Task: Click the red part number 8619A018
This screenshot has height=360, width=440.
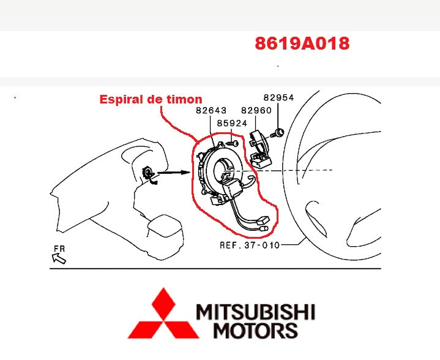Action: [x=302, y=43]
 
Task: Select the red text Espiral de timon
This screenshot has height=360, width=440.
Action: [x=151, y=99]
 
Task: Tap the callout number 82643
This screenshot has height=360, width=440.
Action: [x=211, y=110]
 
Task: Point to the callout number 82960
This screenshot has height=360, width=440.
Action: [x=256, y=110]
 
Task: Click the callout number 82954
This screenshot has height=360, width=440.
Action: [x=278, y=97]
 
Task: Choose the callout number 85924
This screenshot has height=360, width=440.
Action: [x=232, y=123]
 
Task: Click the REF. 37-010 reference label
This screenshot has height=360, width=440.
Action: [x=250, y=245]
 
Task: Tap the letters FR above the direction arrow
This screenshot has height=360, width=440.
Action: [x=59, y=249]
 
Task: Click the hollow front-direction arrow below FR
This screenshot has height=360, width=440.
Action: [x=59, y=258]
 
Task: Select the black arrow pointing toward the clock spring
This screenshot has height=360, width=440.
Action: [x=174, y=173]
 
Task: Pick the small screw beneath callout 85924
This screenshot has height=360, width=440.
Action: [x=232, y=143]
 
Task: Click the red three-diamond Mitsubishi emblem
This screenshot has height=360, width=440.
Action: [x=163, y=313]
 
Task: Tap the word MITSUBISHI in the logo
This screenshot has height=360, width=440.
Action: [x=255, y=312]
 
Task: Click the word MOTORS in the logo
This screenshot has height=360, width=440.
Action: [x=255, y=330]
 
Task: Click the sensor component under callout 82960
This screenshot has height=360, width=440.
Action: [x=260, y=149]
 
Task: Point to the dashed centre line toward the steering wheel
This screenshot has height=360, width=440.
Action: [x=278, y=170]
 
